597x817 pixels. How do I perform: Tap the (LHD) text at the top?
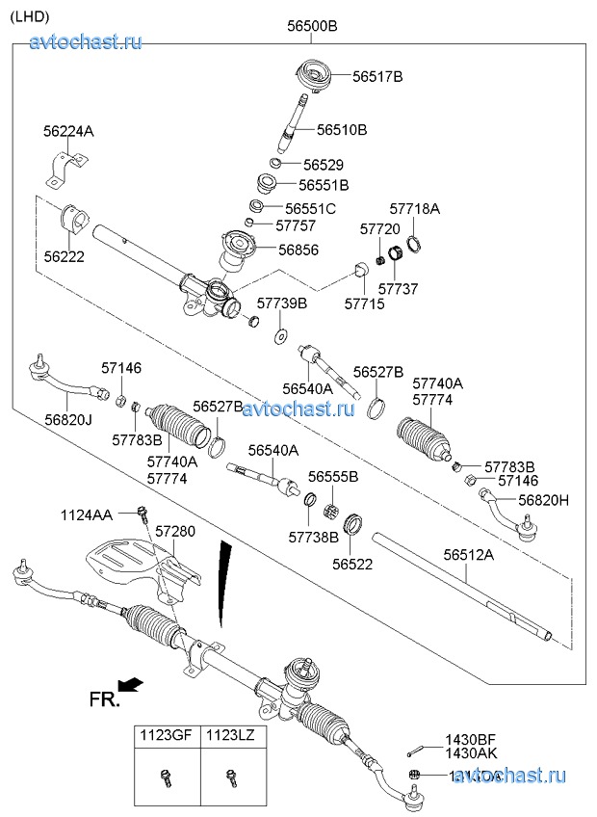click(30, 14)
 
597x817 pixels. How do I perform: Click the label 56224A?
click(68, 130)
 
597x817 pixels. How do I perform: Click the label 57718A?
click(414, 208)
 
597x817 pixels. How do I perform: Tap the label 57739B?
click(282, 303)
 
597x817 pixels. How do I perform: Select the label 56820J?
click(68, 419)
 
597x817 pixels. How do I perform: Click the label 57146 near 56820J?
click(121, 367)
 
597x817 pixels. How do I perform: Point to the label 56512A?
click(468, 554)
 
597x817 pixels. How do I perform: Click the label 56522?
click(352, 565)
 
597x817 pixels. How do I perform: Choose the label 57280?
click(175, 531)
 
